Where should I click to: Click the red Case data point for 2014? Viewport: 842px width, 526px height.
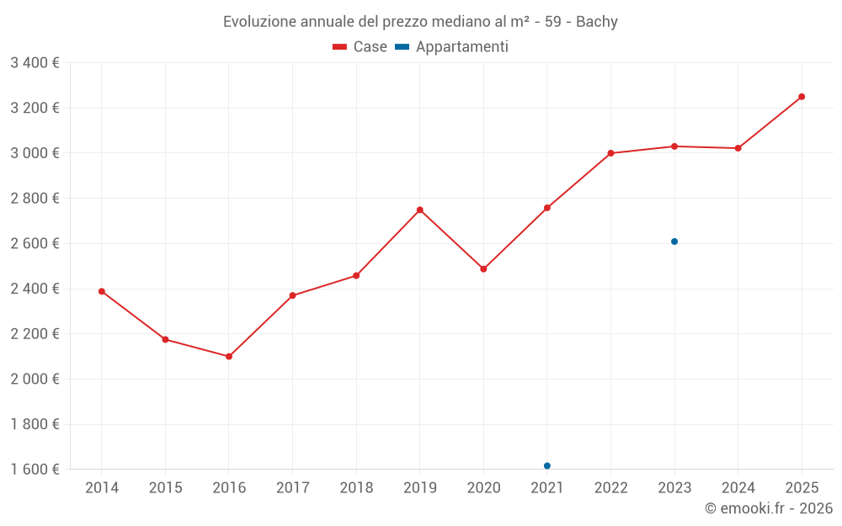pyautogui.click(x=102, y=291)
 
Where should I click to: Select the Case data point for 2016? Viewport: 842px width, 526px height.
pyautogui.click(x=229, y=357)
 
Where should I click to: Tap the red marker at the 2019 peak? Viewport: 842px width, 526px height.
pyautogui.click(x=419, y=210)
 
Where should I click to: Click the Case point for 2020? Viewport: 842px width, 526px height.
pyautogui.click(x=483, y=269)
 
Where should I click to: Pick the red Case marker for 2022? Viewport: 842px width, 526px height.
pyautogui.click(x=610, y=153)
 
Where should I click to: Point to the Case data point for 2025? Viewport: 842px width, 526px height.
pyautogui.click(x=802, y=97)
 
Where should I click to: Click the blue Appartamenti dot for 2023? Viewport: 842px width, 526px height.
pyautogui.click(x=674, y=242)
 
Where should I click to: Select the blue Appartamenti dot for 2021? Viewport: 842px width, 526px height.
pyautogui.click(x=547, y=465)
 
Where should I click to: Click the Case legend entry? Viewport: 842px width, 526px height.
pyautogui.click(x=360, y=47)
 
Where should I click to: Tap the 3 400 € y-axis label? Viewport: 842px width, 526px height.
pyautogui.click(x=35, y=62)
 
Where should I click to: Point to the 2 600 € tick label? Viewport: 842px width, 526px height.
pyautogui.click(x=35, y=243)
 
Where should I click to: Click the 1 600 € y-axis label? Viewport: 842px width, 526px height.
pyautogui.click(x=35, y=469)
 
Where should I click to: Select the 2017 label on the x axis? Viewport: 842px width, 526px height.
pyautogui.click(x=292, y=487)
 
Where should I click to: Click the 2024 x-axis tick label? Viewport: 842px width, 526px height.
pyautogui.click(x=738, y=487)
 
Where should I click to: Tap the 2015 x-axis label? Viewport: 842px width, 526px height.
pyautogui.click(x=165, y=487)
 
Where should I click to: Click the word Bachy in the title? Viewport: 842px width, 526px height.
pyautogui.click(x=596, y=22)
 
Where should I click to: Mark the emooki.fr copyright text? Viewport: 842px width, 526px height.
pyautogui.click(x=768, y=508)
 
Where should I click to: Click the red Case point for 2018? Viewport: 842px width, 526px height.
pyautogui.click(x=356, y=275)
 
